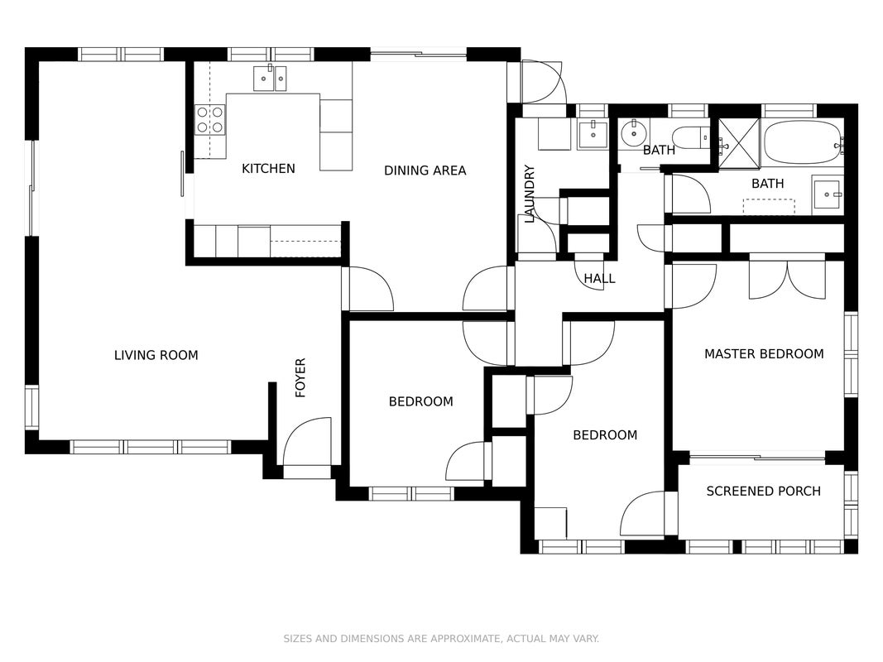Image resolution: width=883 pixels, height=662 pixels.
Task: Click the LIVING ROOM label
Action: click(x=156, y=355)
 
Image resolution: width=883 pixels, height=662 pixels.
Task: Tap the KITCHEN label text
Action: click(x=268, y=168)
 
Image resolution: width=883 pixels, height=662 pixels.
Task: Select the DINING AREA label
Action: click(x=425, y=170)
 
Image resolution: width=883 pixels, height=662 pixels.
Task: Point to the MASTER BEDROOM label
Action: click(x=764, y=354)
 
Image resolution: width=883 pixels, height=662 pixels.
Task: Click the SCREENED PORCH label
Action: click(x=763, y=492)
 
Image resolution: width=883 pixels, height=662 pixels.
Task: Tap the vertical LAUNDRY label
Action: click(x=530, y=194)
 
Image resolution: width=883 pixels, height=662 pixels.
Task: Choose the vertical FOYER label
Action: click(x=300, y=377)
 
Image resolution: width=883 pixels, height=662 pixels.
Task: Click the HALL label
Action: click(x=599, y=279)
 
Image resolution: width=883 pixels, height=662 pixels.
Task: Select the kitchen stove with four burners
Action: click(x=210, y=120)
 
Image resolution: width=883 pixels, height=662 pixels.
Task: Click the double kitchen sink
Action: click(x=270, y=78)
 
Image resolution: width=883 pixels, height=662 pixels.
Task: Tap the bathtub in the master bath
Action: click(x=804, y=142)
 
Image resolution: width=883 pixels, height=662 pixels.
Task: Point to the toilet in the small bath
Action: click(x=692, y=138)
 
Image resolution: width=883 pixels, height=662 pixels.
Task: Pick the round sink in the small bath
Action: click(x=635, y=134)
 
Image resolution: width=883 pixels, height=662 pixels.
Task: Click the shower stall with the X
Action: click(x=739, y=143)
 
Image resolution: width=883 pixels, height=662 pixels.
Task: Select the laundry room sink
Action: click(x=593, y=134)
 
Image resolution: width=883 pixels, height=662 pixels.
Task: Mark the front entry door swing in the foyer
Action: click(x=307, y=443)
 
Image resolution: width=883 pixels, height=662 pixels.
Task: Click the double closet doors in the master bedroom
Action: click(x=787, y=276)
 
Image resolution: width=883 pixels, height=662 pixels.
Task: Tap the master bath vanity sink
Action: click(x=828, y=194)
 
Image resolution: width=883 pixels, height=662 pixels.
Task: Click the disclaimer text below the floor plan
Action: click(x=441, y=638)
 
